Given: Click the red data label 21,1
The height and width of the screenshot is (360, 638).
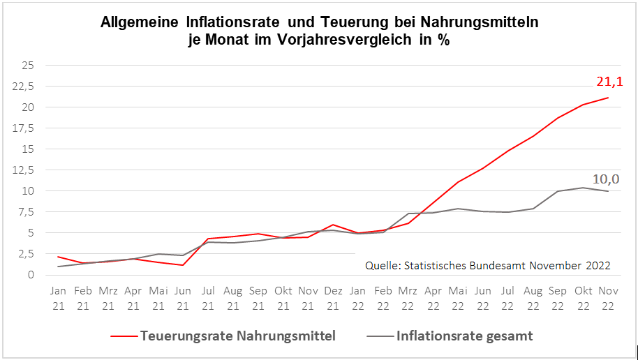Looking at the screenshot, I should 609,82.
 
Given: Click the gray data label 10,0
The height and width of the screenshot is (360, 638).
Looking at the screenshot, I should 606,179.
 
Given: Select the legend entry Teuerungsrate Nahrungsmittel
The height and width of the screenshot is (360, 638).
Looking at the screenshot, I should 238,336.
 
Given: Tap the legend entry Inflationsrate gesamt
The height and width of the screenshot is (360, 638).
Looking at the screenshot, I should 464,336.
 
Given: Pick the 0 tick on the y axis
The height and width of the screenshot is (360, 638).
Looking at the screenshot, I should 31,275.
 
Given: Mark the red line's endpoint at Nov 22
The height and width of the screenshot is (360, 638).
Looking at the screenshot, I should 607,98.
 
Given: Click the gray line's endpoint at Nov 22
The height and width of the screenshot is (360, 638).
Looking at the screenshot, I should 607,191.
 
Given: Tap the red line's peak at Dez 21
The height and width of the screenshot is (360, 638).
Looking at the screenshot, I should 333,225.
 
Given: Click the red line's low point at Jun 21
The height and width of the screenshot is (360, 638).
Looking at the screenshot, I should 183,265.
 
